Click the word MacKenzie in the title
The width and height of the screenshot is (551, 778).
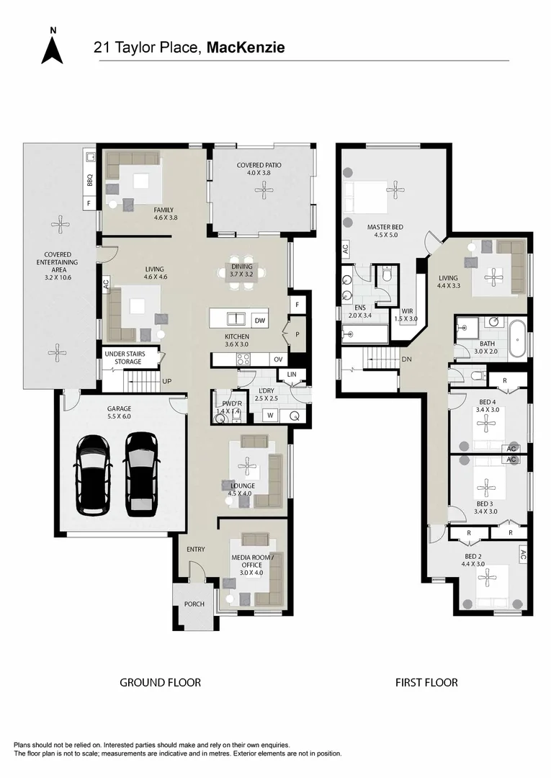click(x=246, y=48)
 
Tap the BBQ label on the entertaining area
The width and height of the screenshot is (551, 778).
click(x=90, y=179)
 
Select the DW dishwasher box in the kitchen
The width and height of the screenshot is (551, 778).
click(x=260, y=321)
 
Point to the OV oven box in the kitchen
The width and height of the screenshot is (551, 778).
click(x=278, y=359)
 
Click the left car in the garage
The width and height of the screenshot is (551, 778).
click(x=92, y=474)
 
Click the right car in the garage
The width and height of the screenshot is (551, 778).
click(x=142, y=474)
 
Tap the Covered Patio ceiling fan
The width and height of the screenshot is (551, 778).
click(x=262, y=188)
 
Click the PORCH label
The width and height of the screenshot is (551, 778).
click(x=194, y=604)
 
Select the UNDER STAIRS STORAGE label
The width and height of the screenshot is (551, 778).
click(x=125, y=358)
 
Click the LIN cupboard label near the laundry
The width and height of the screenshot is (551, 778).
click(x=292, y=374)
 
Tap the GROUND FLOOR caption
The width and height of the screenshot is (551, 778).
click(x=160, y=683)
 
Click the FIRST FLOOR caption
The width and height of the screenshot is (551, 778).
click(x=426, y=683)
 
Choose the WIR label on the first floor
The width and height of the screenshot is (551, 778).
click(x=407, y=311)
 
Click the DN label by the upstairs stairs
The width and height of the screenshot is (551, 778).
click(x=407, y=359)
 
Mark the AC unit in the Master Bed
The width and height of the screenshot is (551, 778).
click(x=345, y=249)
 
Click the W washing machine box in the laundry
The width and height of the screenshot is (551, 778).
click(x=270, y=416)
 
